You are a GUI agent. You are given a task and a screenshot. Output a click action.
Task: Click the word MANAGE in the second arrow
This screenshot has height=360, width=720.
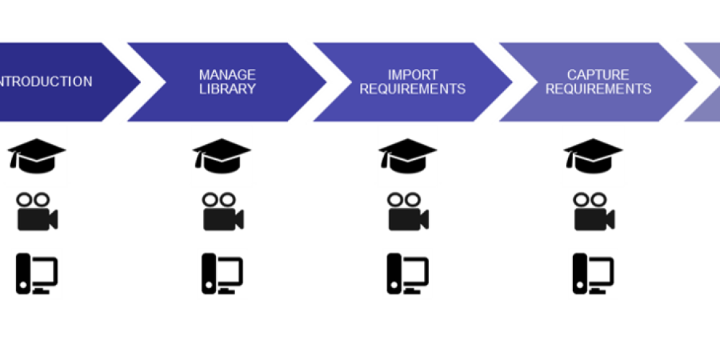point(228,75)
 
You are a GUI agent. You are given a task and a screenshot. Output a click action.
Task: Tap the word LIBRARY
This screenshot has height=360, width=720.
point(228,89)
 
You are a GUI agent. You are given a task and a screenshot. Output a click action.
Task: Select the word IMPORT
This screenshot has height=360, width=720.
point(413,75)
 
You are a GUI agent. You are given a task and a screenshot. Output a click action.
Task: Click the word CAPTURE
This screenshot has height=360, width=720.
point(598,75)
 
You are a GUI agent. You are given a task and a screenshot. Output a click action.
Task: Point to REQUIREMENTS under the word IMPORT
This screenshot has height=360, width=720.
point(413,89)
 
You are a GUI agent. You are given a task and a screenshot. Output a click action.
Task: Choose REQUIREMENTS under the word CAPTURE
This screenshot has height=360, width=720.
point(598,89)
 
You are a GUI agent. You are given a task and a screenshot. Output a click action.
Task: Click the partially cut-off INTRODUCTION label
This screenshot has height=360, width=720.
point(46,81)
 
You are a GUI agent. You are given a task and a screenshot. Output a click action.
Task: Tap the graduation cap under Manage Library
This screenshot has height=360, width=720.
point(221,155)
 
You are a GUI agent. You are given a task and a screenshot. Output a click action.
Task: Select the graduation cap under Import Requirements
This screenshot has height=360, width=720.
point(407,155)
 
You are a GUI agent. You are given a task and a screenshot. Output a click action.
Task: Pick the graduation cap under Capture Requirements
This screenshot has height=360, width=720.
point(593,155)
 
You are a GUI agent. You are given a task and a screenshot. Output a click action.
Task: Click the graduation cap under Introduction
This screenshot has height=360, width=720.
point(37,155)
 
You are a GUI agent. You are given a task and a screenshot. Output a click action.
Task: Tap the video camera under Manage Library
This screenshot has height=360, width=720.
point(222,211)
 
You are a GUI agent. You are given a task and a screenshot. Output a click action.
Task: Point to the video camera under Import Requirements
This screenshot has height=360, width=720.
point(408,211)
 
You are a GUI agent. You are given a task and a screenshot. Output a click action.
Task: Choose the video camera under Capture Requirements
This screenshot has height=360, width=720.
point(593,211)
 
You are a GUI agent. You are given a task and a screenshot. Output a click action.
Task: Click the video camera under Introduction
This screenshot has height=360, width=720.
point(37,211)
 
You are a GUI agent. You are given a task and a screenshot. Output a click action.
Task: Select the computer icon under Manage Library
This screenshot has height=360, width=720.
point(222,274)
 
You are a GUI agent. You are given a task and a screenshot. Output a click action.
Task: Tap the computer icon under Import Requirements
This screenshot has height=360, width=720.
point(408,274)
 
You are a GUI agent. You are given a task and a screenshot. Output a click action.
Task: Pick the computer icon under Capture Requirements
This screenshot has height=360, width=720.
point(593,274)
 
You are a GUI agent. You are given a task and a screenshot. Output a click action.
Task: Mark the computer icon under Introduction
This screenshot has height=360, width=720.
point(37,274)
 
